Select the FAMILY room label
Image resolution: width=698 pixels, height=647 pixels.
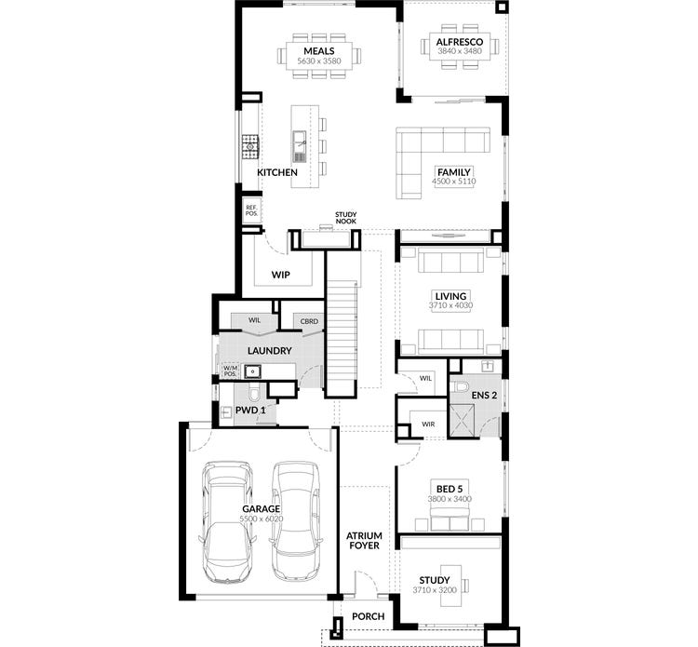pyautogui.click(x=454, y=171)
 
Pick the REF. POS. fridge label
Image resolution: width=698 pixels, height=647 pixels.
pyautogui.click(x=251, y=210)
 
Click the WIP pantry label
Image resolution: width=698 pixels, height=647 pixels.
pyautogui.click(x=281, y=275)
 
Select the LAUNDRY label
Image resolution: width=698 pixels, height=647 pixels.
pyautogui.click(x=271, y=351)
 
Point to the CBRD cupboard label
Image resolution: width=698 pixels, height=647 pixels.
pyautogui.click(x=309, y=321)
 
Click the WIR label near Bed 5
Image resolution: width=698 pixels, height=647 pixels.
pyautogui.click(x=428, y=424)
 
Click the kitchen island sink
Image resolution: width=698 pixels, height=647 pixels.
pyautogui.click(x=300, y=142)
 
